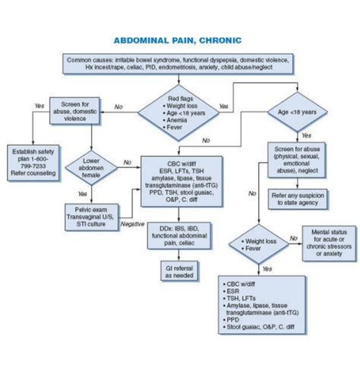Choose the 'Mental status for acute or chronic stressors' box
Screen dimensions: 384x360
(x=329, y=243)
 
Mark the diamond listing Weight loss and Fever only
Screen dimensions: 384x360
(x=261, y=243)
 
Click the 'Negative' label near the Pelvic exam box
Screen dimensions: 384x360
(x=132, y=224)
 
